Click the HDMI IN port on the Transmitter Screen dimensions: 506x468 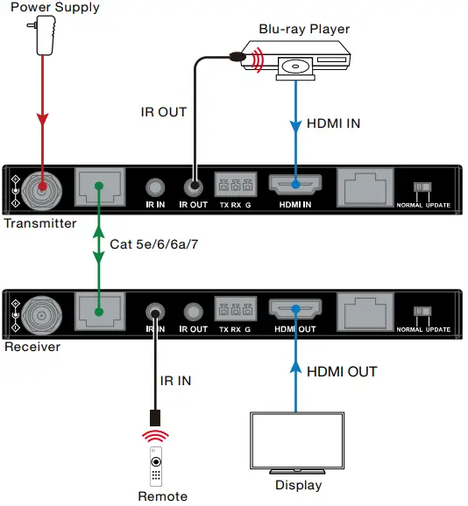[296, 186]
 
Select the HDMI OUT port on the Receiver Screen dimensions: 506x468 [296, 310]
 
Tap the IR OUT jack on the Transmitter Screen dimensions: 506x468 [193, 186]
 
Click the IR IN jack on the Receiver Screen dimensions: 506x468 [156, 311]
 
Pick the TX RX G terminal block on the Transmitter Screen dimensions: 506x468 [235, 186]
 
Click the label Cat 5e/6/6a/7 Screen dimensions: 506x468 [152, 245]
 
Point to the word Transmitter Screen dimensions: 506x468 [39, 223]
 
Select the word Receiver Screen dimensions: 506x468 [32, 348]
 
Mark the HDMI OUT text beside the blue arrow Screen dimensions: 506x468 [342, 372]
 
